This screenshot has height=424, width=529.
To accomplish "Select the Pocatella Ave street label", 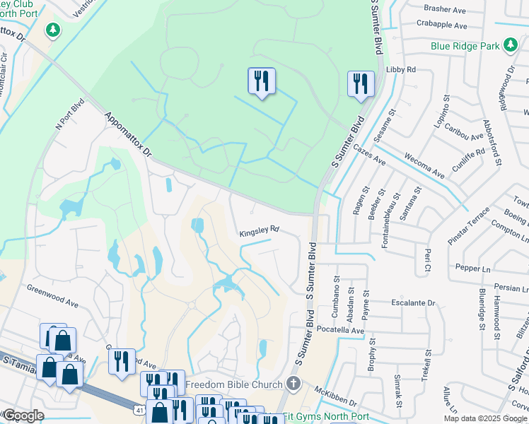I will (x=341, y=330).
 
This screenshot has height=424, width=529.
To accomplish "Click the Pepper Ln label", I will (x=473, y=269).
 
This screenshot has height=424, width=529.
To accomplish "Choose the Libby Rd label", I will (x=401, y=70).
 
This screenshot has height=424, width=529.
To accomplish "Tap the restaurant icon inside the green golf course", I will (x=262, y=81).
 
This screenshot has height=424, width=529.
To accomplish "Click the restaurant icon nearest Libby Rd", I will (x=361, y=83).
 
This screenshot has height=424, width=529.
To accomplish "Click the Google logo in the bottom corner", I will (x=23, y=416).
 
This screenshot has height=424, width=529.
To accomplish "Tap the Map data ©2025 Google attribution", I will (x=485, y=418).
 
